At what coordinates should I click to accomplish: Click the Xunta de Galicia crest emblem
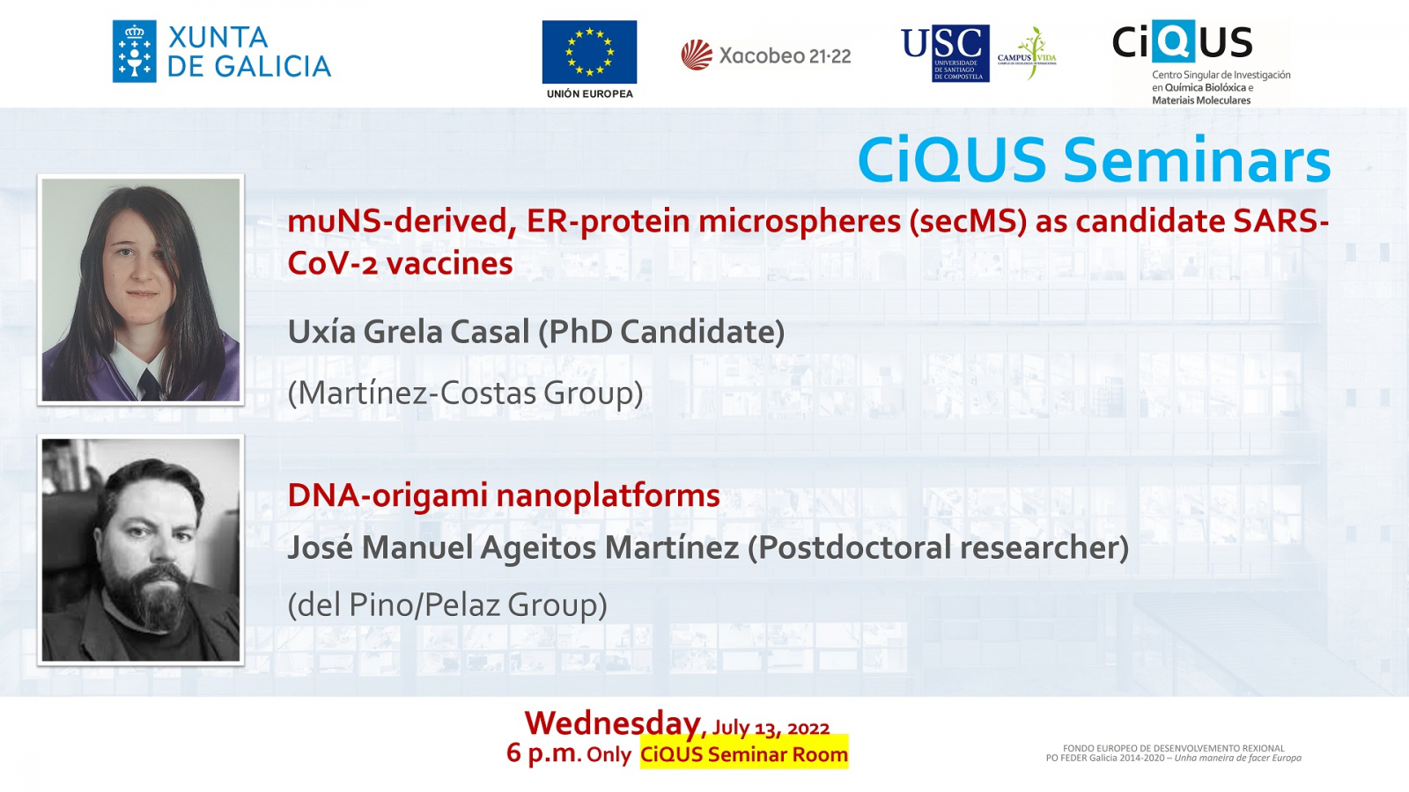[x=134, y=51]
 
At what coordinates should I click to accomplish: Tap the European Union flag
[x=589, y=52]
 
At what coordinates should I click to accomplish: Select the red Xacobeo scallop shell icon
[x=697, y=55]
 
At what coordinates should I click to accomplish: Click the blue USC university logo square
[x=960, y=54]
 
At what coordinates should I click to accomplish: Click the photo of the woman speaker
[x=141, y=290]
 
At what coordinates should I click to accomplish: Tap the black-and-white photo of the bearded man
[x=141, y=550]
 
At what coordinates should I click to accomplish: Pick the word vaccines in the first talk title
[x=449, y=263]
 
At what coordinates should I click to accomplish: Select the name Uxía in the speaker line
[x=321, y=332]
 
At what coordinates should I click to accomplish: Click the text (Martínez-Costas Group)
[x=466, y=394]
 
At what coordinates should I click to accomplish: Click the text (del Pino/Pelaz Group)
[x=447, y=605]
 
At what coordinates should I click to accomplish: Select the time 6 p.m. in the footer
[x=543, y=752]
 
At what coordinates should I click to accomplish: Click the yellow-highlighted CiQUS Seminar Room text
[x=744, y=753]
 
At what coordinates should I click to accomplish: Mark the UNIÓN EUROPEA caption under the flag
[x=589, y=93]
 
